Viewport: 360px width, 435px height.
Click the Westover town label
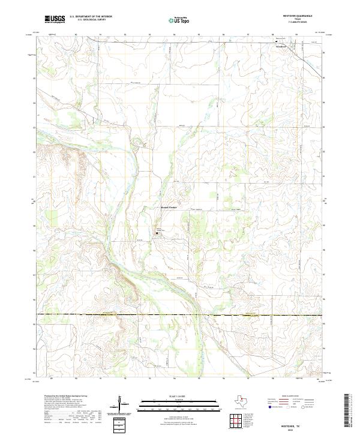click(281, 46)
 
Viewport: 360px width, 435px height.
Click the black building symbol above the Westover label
click(277, 41)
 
